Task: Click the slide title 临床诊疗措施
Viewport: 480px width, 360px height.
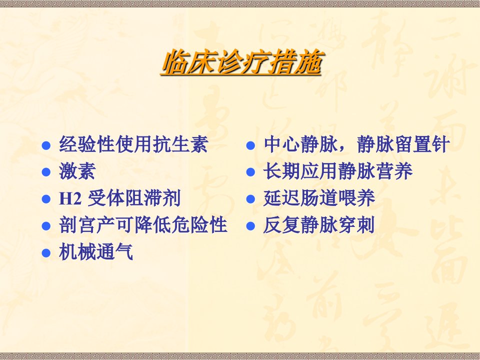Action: click(x=241, y=62)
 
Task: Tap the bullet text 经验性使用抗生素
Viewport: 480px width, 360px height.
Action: click(x=134, y=144)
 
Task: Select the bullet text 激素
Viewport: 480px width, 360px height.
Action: click(x=77, y=171)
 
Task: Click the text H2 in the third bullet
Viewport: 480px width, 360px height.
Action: click(x=70, y=198)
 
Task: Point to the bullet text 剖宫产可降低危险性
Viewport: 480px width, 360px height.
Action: click(x=143, y=225)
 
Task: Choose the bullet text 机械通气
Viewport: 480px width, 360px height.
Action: click(x=96, y=252)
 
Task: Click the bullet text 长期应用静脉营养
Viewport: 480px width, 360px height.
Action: click(x=338, y=171)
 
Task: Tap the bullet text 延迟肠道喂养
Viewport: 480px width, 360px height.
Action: click(x=319, y=198)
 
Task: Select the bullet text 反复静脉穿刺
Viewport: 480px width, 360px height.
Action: click(x=319, y=225)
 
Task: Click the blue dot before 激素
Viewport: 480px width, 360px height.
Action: click(x=46, y=172)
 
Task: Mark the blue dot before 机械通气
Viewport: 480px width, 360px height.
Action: click(x=46, y=253)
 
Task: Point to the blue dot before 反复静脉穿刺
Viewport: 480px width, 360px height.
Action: click(x=250, y=226)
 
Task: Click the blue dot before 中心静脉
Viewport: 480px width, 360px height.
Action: click(x=250, y=145)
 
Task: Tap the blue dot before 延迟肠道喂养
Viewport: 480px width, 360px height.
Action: click(x=250, y=199)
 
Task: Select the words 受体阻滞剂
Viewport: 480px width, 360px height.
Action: click(x=134, y=198)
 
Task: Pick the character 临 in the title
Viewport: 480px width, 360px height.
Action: click(x=174, y=62)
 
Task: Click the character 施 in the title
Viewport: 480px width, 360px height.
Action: click(x=308, y=62)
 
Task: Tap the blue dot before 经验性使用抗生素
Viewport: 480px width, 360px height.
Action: click(x=46, y=145)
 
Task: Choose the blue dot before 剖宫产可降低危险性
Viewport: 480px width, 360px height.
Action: click(x=46, y=226)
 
